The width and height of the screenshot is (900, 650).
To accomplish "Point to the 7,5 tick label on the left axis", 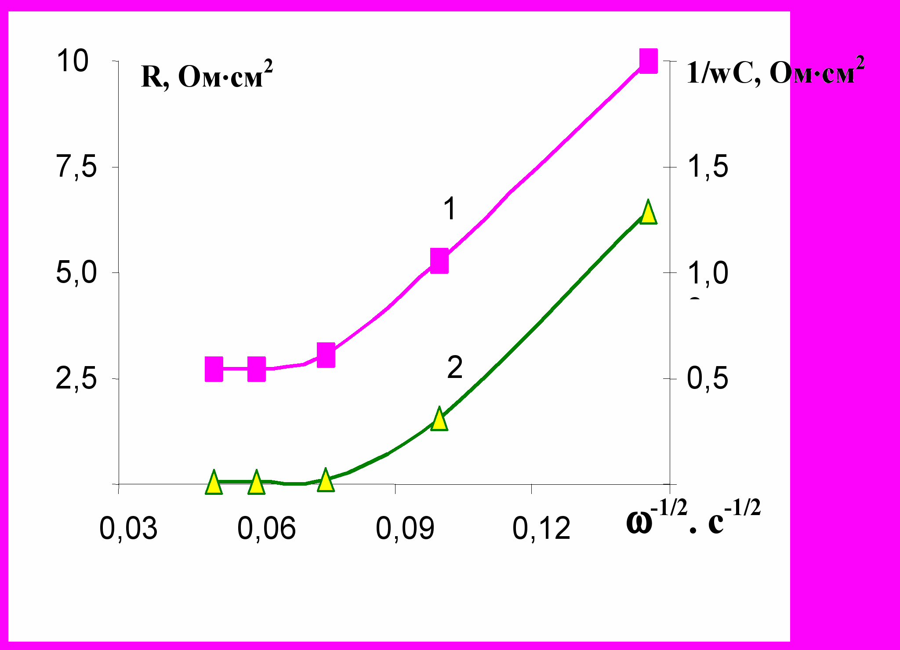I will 76,167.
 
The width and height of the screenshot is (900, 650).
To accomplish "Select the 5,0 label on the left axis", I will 76,272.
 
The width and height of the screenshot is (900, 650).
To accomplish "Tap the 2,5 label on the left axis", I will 76,378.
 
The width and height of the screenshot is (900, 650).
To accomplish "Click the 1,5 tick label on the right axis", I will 707,167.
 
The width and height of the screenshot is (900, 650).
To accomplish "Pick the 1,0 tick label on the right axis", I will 707,273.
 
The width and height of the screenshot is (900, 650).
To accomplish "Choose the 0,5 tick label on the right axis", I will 707,378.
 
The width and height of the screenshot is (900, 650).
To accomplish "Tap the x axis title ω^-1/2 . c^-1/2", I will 693,519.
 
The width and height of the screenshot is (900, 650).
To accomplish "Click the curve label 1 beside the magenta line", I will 450,208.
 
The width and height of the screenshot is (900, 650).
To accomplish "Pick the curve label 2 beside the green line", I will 455,367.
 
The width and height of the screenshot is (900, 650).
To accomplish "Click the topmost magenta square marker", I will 648,61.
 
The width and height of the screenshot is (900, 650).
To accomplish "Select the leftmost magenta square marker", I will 214,369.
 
